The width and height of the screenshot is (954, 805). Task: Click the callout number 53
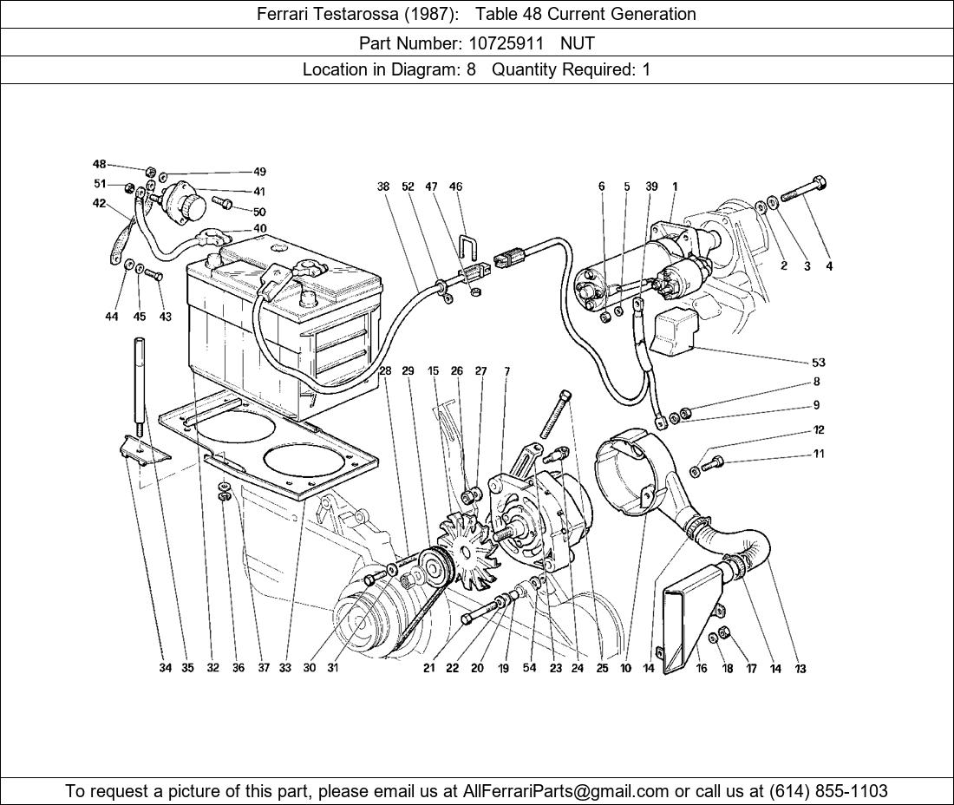819,363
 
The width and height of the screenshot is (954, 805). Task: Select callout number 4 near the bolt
829,266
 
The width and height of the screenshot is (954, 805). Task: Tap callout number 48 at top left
100,165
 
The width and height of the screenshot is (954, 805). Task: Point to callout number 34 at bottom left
165,668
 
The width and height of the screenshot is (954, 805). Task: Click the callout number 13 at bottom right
800,669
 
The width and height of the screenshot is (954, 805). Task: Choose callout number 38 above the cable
383,187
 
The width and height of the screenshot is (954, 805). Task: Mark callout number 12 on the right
819,430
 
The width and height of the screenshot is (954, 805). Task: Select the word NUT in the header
578,42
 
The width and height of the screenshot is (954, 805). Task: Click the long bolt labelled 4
802,190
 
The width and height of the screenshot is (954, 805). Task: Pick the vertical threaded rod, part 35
139,382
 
